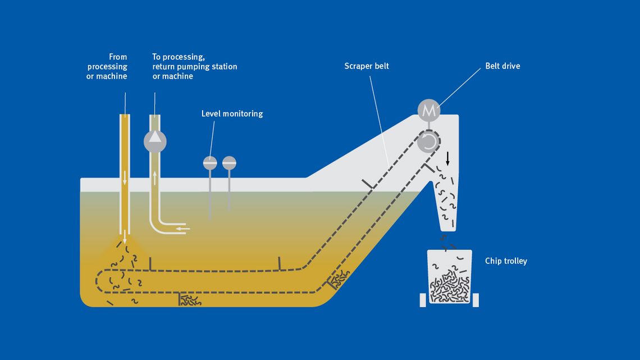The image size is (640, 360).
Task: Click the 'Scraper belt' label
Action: (x=367, y=66)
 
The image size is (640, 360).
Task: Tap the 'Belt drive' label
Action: (x=502, y=66)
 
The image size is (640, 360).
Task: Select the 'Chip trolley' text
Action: (x=506, y=261)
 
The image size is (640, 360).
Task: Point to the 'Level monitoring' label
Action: (x=232, y=114)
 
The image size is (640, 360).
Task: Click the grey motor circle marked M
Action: (x=429, y=111)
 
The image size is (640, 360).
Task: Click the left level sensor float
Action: (x=210, y=163)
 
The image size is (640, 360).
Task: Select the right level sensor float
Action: (x=229, y=163)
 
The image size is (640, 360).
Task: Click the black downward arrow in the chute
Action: (x=447, y=158)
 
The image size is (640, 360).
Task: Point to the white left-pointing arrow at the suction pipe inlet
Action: (x=183, y=229)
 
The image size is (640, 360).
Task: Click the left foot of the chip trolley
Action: (x=423, y=300)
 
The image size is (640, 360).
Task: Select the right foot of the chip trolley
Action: (x=476, y=300)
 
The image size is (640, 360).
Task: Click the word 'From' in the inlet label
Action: (x=118, y=57)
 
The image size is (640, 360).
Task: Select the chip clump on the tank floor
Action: (x=190, y=300)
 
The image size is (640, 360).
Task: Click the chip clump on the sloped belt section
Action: (x=339, y=278)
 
